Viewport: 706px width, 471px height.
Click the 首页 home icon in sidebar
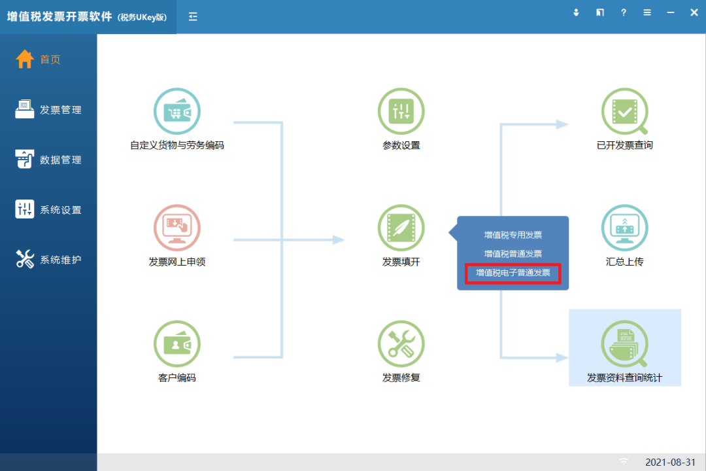(25, 59)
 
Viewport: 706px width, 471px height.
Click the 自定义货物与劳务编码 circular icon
(177, 111)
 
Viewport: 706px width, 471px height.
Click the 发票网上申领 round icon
(177, 228)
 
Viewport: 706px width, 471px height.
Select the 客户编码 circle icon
(177, 344)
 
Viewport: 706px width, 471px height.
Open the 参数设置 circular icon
(401, 111)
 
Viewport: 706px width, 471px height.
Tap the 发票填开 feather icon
(401, 228)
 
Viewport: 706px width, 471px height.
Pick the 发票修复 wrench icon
(401, 344)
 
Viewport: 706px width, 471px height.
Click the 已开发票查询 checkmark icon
(624, 111)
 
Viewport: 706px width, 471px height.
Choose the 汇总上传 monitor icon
(624, 228)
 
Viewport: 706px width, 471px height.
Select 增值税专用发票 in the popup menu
(513, 235)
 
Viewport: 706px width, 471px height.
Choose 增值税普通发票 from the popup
(513, 254)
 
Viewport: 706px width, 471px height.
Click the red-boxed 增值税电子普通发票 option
(513, 273)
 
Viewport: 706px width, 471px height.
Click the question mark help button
(624, 12)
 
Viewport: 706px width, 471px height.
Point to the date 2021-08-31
(671, 462)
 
